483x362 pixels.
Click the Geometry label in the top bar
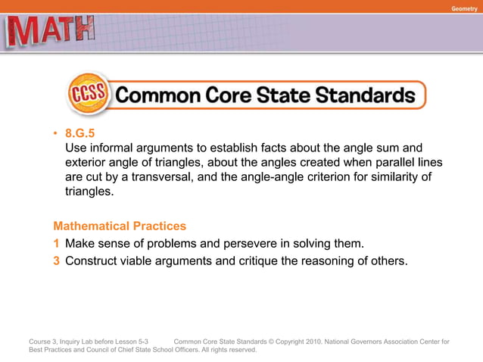(x=463, y=8)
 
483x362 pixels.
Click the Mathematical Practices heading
(x=120, y=226)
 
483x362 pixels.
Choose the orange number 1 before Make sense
(x=56, y=244)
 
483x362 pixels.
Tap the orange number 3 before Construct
(x=56, y=262)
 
